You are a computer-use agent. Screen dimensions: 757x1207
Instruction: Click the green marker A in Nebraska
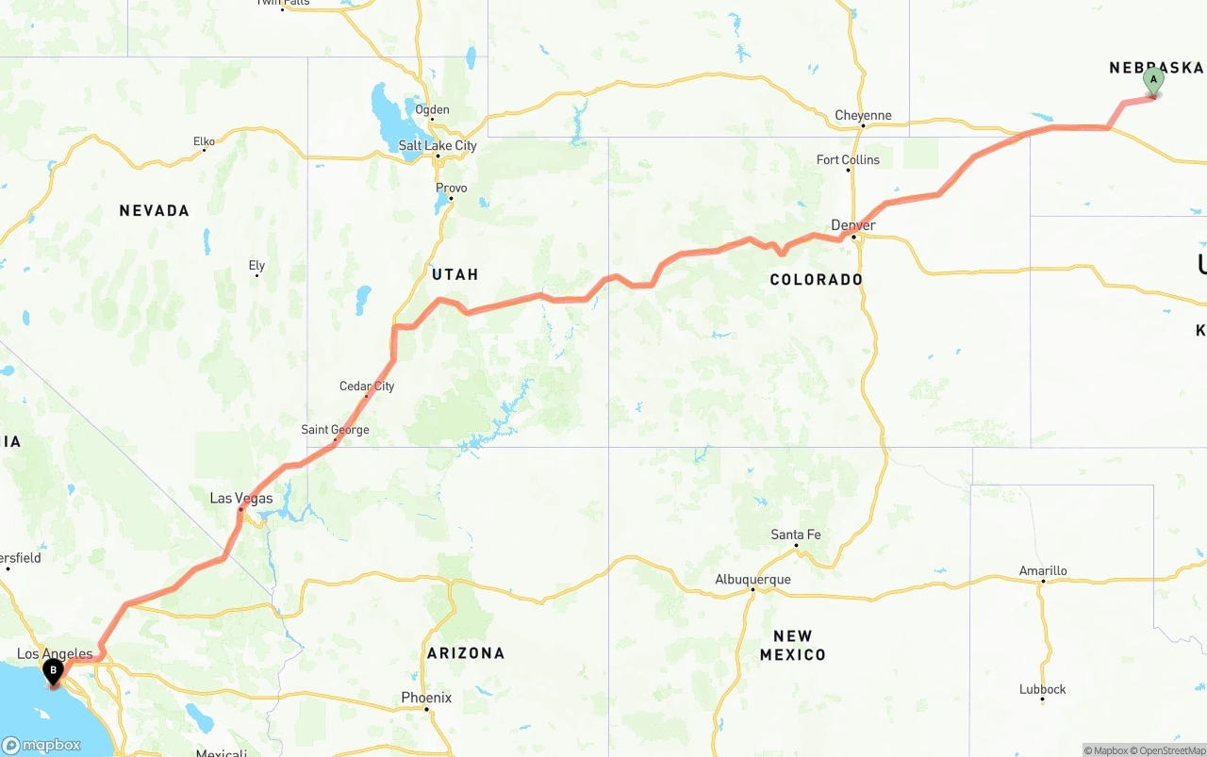point(1152,82)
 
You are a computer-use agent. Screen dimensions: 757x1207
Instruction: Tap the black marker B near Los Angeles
point(54,672)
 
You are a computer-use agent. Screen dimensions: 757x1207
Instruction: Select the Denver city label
point(852,225)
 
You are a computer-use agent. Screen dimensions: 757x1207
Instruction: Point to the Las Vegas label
point(240,499)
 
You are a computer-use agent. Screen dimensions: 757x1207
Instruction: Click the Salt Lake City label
point(438,145)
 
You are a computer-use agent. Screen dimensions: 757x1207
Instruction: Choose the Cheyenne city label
point(863,116)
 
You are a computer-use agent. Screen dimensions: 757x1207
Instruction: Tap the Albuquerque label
point(752,579)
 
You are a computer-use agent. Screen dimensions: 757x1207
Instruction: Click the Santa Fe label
point(795,535)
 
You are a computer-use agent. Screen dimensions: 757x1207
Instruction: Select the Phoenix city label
point(426,698)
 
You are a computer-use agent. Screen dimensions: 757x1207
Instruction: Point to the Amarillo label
point(1043,570)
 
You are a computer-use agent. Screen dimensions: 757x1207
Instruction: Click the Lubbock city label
point(1042,689)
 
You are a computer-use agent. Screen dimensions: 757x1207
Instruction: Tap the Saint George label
point(335,430)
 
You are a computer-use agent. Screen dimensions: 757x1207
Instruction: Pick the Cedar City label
point(367,386)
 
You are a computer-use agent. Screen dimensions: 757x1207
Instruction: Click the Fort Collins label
point(848,160)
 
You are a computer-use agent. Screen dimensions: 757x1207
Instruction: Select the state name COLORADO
point(816,279)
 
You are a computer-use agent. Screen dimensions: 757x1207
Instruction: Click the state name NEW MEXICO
point(792,645)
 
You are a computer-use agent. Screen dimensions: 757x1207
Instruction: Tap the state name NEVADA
point(154,210)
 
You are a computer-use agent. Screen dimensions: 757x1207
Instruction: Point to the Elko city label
point(204,141)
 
